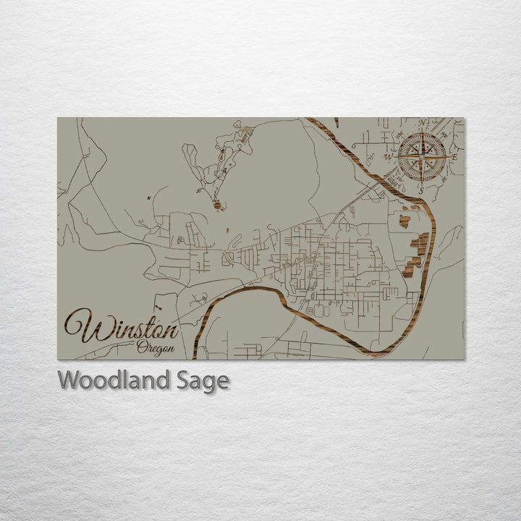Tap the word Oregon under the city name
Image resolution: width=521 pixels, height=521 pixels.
[x=156, y=347]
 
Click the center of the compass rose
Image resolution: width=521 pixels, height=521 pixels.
[x=422, y=156]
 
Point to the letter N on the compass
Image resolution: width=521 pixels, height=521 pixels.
[x=423, y=123]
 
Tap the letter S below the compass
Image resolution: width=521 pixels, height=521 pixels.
[x=420, y=190]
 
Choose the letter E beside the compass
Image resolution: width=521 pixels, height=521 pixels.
[x=454, y=157]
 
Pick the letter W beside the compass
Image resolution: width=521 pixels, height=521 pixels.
[x=388, y=156]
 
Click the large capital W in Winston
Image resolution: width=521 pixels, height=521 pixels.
[x=82, y=326]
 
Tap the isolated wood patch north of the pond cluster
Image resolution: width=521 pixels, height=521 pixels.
[x=404, y=221]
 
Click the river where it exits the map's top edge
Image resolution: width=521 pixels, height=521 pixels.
[x=310, y=119]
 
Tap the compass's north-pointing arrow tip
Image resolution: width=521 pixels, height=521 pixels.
[x=423, y=134]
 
